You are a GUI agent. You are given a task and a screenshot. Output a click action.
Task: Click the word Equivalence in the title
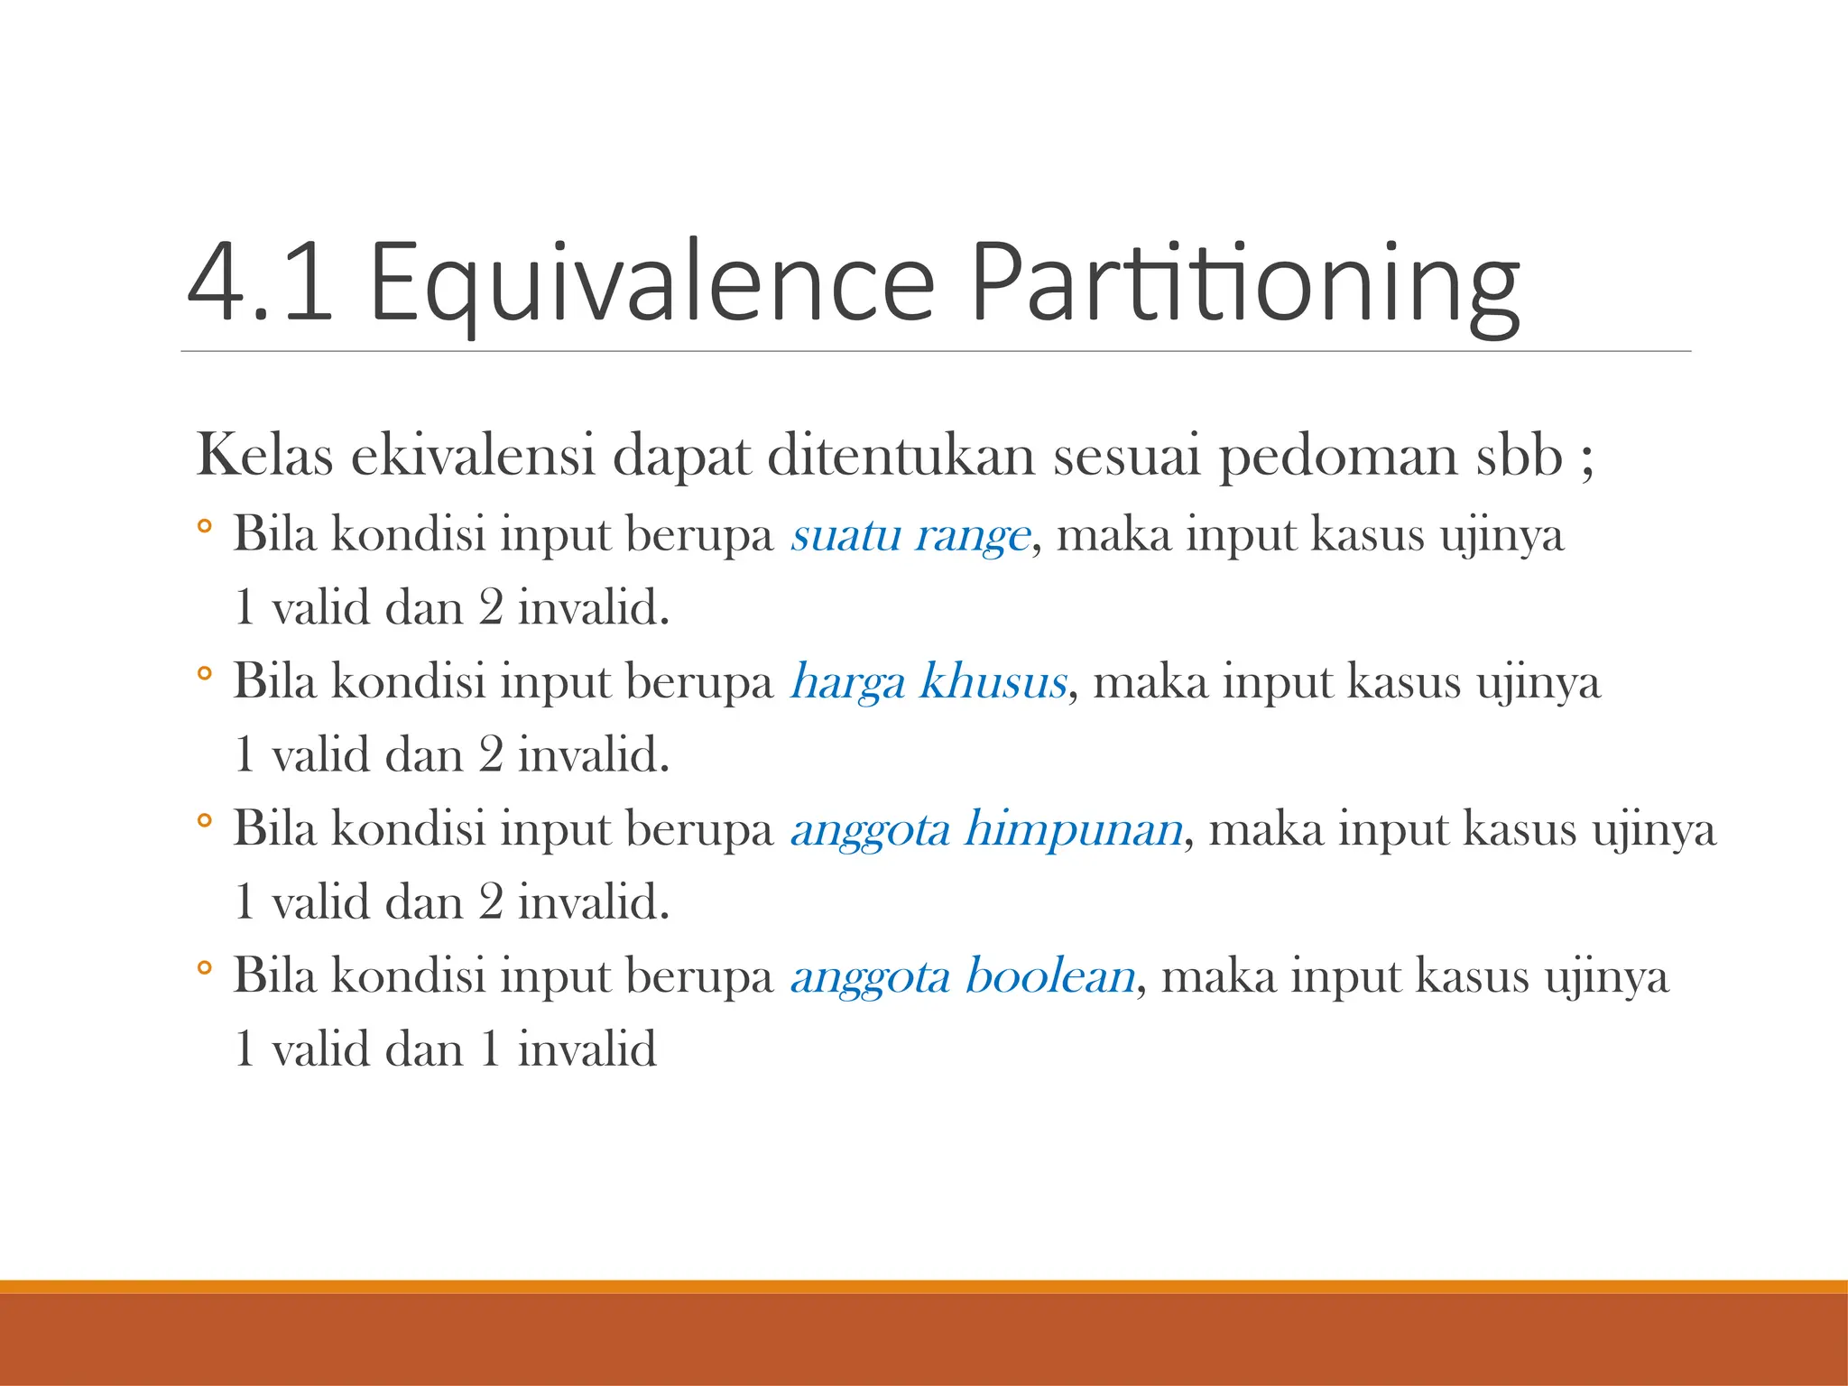click(x=651, y=282)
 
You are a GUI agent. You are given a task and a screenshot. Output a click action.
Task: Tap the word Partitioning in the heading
click(x=1245, y=282)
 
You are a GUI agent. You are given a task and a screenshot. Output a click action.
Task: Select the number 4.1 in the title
click(x=260, y=282)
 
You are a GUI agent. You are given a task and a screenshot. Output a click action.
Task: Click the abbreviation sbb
click(x=1520, y=455)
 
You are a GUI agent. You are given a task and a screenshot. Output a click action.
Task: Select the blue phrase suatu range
click(x=910, y=535)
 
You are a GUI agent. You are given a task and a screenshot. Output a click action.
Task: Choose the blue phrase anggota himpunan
click(x=986, y=829)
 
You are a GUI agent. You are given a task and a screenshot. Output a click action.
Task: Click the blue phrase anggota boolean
click(x=963, y=976)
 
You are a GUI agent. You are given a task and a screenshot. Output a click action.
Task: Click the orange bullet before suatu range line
click(x=205, y=525)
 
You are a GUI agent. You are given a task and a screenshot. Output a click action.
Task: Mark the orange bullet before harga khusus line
click(x=205, y=672)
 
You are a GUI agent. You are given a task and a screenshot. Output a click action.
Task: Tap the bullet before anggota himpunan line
click(x=205, y=820)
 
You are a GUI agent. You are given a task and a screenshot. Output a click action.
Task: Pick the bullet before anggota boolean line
click(x=205, y=967)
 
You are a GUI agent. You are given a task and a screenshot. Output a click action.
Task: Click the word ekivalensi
click(x=473, y=455)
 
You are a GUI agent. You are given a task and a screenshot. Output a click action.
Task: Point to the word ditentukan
click(x=901, y=455)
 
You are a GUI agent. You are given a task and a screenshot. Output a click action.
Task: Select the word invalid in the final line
click(x=587, y=1049)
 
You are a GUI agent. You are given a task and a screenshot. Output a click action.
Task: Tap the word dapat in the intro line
click(x=681, y=457)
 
